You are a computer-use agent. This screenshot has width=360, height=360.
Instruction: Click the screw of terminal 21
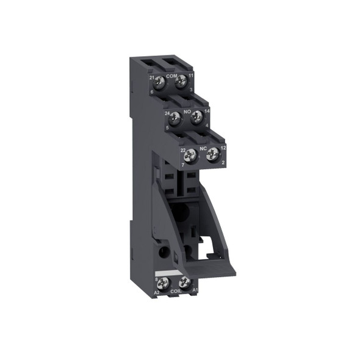tap(159, 81)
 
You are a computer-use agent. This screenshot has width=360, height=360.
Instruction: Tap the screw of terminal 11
tap(180, 81)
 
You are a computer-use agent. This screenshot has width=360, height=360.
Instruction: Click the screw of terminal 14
tap(196, 118)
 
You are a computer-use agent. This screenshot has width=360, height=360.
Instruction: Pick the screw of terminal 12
tap(212, 157)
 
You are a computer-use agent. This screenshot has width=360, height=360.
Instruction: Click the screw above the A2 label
tap(164, 283)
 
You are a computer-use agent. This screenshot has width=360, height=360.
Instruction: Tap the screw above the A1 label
tap(185, 283)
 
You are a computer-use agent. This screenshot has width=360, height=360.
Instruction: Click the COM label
tap(171, 75)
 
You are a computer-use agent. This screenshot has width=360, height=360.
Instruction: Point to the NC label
tap(202, 149)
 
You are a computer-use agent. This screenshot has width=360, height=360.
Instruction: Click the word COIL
tap(175, 292)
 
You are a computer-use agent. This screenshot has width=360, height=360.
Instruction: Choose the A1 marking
tap(195, 292)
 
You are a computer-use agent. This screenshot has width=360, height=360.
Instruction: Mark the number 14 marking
tap(207, 112)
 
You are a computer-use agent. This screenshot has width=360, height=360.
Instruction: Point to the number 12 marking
tap(223, 149)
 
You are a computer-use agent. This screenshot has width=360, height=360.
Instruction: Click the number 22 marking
tap(182, 149)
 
